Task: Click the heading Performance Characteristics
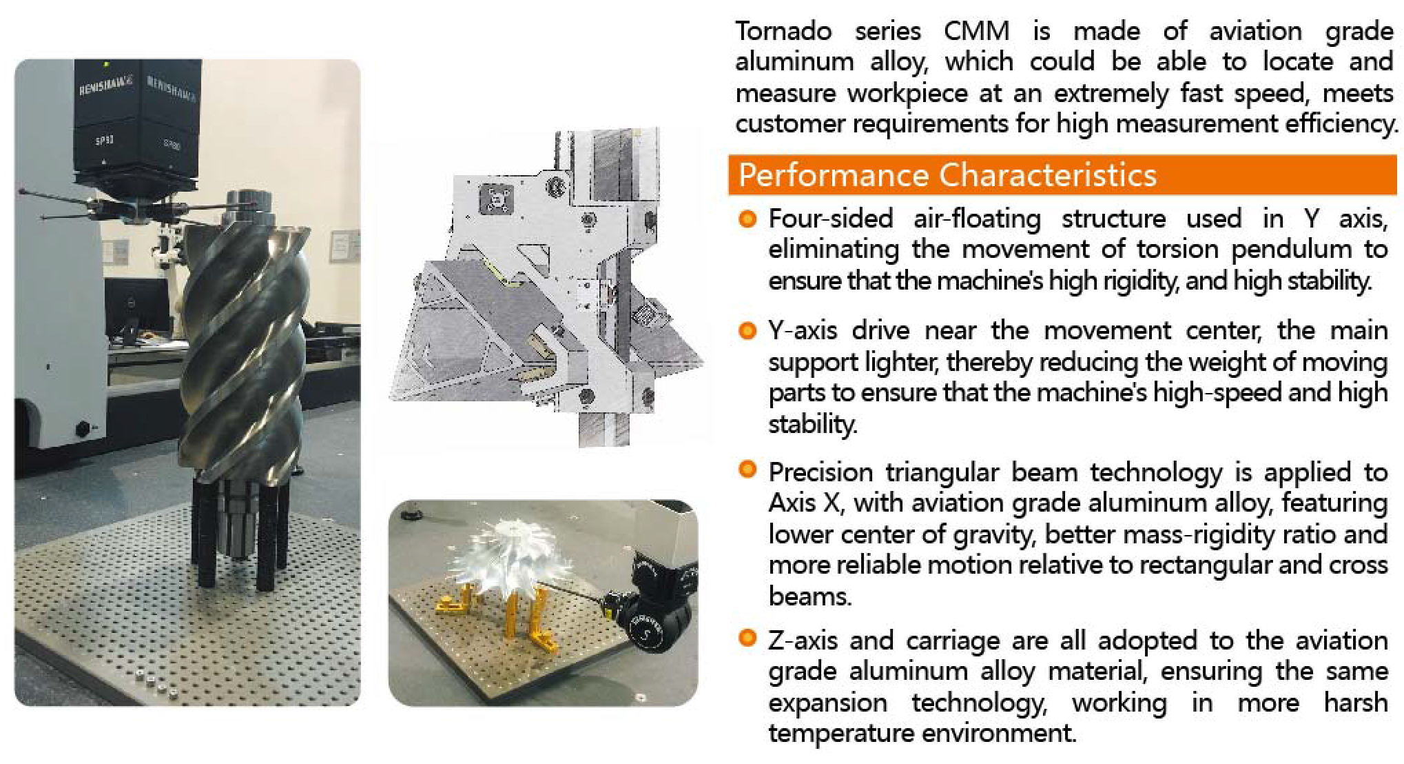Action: point(947,175)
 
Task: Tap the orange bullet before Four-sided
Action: point(747,219)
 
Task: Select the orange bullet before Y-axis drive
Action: point(747,331)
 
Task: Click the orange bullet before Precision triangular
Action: point(747,470)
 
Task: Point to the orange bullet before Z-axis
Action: point(747,639)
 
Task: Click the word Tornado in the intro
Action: point(783,31)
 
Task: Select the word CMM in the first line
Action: point(977,31)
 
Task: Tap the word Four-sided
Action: point(831,219)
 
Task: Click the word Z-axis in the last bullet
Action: point(803,641)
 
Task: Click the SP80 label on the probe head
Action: point(173,145)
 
